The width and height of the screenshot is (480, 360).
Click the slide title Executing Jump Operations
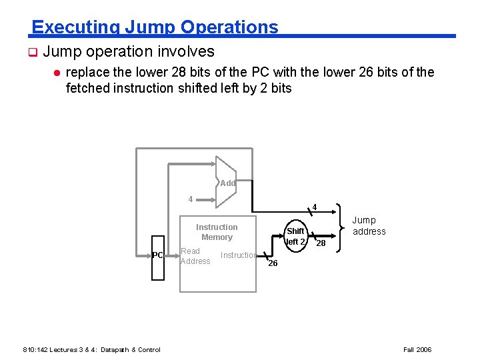[155, 27]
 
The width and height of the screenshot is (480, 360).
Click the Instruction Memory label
[217, 232]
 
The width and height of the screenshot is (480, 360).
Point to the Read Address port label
[195, 256]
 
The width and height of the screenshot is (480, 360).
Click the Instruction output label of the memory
[238, 255]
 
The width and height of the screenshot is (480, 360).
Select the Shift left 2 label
[295, 236]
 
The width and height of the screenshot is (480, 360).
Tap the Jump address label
[369, 226]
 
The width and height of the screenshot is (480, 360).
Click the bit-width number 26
[272, 264]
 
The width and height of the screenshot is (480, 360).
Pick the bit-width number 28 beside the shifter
[321, 244]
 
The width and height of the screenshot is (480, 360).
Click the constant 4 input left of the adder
[191, 199]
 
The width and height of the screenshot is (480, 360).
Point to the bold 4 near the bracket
[315, 206]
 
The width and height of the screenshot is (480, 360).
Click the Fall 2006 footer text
[418, 349]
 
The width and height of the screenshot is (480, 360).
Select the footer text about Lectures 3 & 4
[91, 349]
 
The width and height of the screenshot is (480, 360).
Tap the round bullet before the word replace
[57, 72]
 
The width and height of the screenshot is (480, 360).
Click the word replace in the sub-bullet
[89, 72]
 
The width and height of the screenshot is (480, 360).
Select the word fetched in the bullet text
[87, 88]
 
